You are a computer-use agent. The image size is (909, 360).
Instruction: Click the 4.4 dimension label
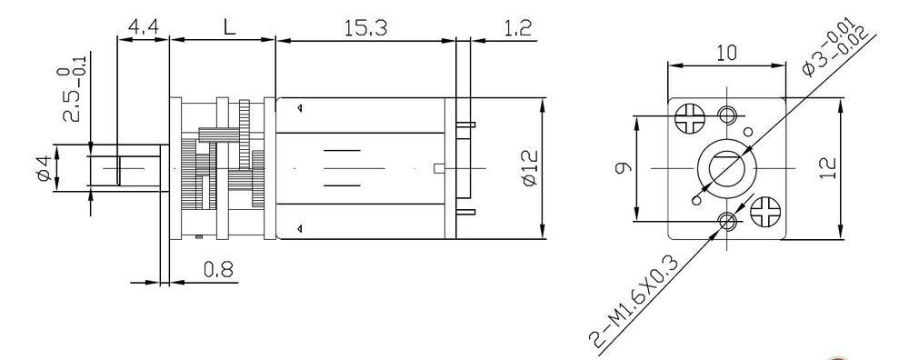click(x=142, y=27)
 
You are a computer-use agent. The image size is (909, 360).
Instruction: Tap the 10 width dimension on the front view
click(x=725, y=53)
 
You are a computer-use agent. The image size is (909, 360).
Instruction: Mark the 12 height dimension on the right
click(x=826, y=168)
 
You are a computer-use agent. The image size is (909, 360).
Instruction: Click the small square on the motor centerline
click(x=439, y=168)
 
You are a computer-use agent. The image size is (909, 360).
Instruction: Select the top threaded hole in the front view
click(x=728, y=115)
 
